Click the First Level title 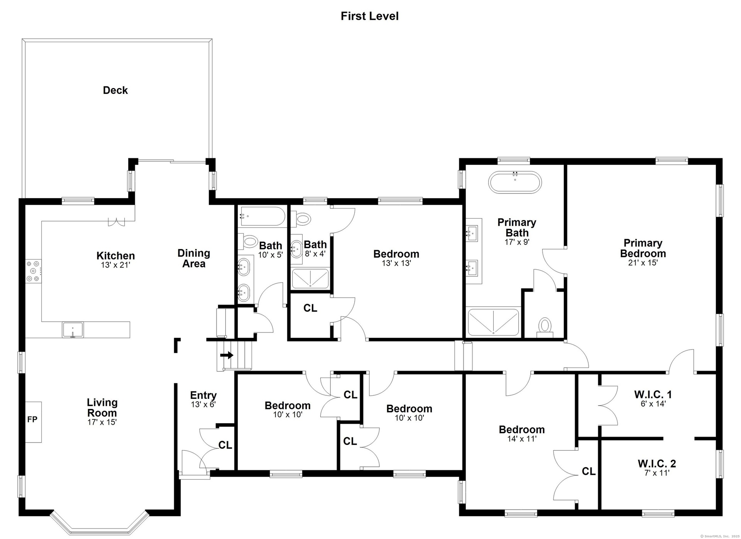[369, 16]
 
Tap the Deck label [115, 90]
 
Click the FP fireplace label [32, 419]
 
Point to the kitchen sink [73, 330]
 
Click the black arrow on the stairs [227, 355]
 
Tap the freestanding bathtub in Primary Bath [515, 182]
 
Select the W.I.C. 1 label [653, 394]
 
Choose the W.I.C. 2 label [657, 463]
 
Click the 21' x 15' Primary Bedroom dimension [643, 263]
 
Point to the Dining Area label [194, 258]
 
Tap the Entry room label [203, 395]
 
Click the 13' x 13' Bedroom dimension [396, 263]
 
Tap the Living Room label [102, 407]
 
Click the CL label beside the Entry [225, 445]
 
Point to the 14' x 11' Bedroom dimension [522, 439]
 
